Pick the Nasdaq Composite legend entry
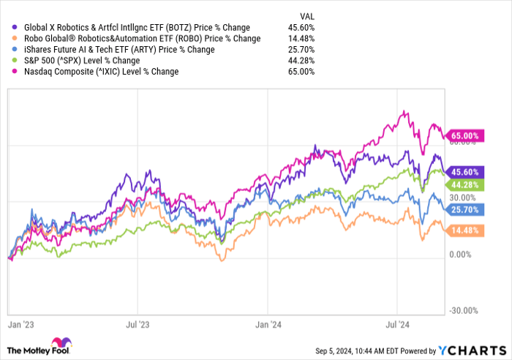tap(96, 72)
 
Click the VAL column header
tap(310, 16)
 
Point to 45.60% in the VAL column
tap(301, 28)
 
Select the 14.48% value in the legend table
tap(301, 39)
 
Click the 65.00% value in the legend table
tap(301, 72)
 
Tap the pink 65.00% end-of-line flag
tap(465, 136)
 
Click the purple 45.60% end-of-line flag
tap(465, 171)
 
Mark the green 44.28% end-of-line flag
tap(465, 185)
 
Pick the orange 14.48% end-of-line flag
tap(465, 229)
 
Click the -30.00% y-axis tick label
tap(463, 311)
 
